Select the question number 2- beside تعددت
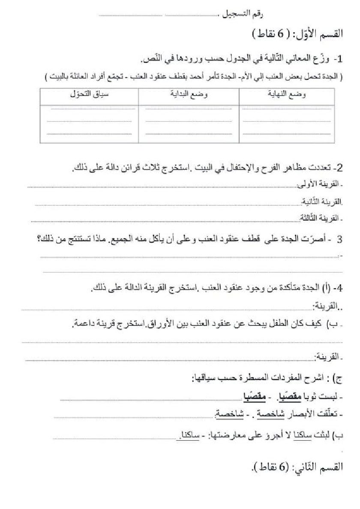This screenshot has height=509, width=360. tap(338, 168)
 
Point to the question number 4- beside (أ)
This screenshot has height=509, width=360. tap(338, 288)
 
